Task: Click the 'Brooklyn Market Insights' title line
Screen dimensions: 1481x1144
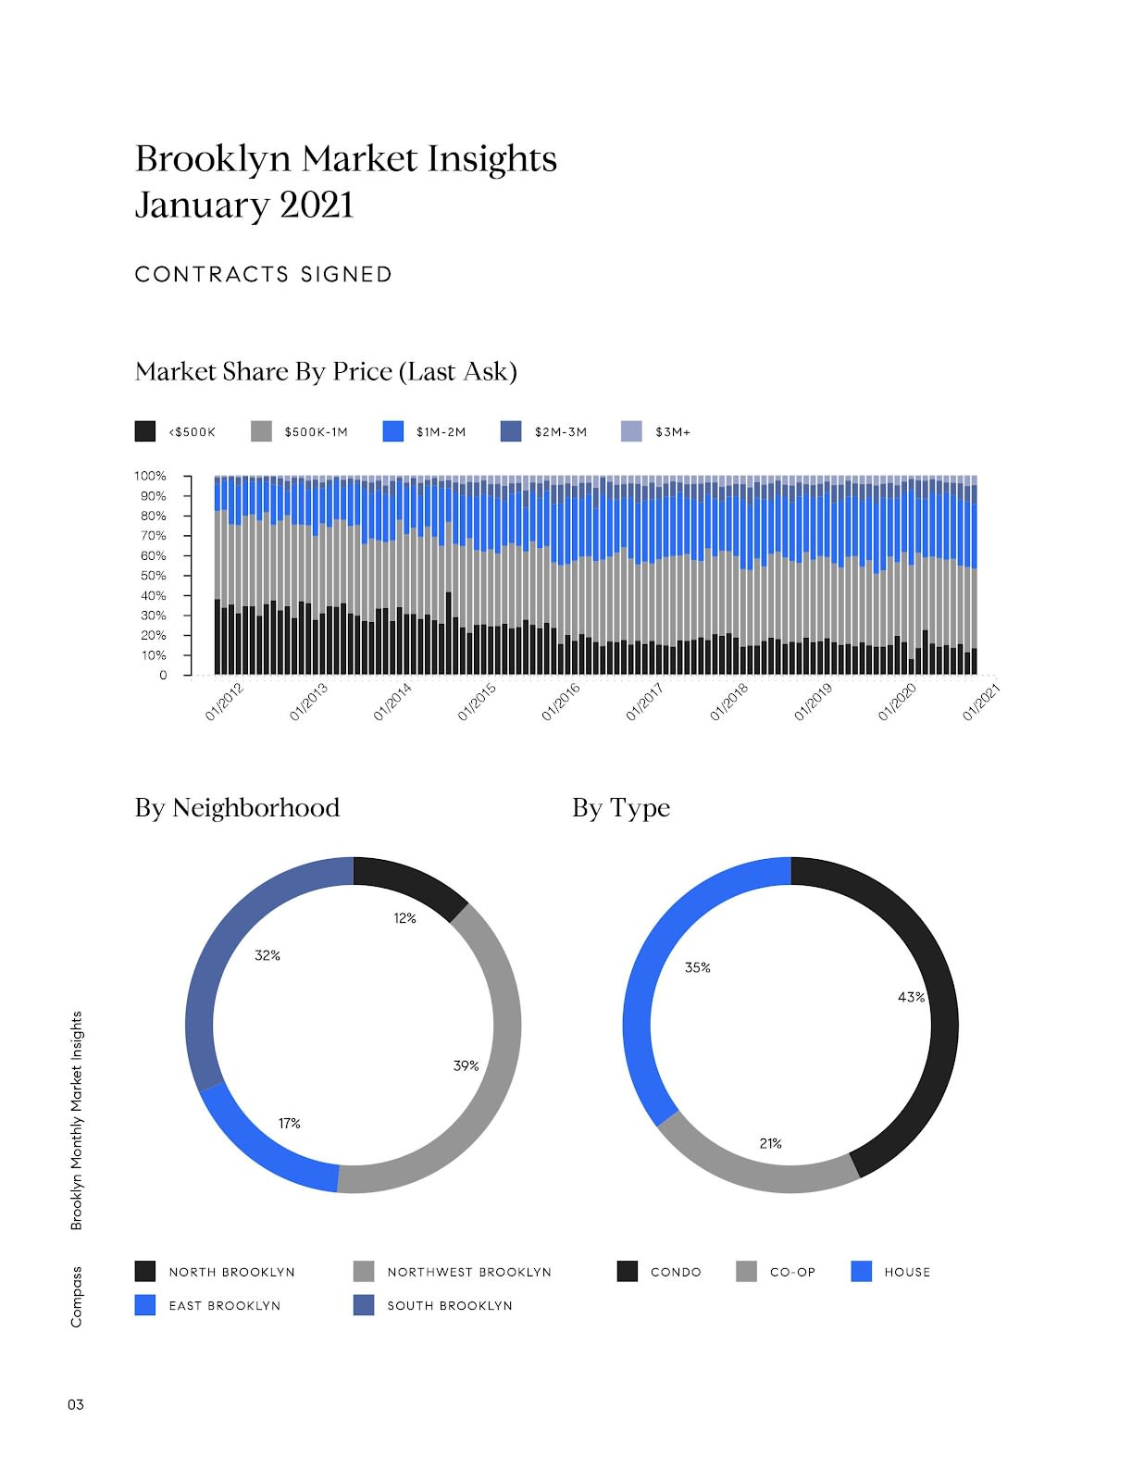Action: tap(345, 158)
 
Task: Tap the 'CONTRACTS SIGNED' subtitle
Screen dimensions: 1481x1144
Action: tap(264, 275)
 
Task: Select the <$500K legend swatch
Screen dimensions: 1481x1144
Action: tap(145, 431)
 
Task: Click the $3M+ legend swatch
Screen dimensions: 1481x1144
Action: tap(631, 431)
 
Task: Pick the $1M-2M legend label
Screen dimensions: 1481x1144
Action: tap(441, 432)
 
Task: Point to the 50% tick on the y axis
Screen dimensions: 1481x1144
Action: tap(153, 576)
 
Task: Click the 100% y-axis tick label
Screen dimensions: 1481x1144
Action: tap(150, 476)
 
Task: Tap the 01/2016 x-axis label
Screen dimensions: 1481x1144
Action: tap(561, 702)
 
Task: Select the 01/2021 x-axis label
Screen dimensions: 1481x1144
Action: tap(981, 702)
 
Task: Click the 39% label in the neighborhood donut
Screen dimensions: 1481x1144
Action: tap(466, 1065)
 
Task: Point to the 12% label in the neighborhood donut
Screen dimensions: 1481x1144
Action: tap(404, 918)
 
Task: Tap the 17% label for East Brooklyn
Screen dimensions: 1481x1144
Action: tap(290, 1123)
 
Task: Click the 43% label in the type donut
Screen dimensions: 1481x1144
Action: tap(911, 997)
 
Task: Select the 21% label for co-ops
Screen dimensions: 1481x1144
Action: tap(770, 1143)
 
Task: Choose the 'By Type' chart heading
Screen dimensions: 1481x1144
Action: tap(620, 808)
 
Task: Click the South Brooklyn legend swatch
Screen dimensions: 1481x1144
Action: tap(364, 1305)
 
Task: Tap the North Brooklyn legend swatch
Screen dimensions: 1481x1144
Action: tap(145, 1271)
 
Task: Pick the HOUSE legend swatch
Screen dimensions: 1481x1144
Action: tap(861, 1271)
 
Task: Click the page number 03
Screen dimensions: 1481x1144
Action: tap(75, 1404)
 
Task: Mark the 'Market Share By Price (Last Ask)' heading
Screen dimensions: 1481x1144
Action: tap(326, 372)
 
